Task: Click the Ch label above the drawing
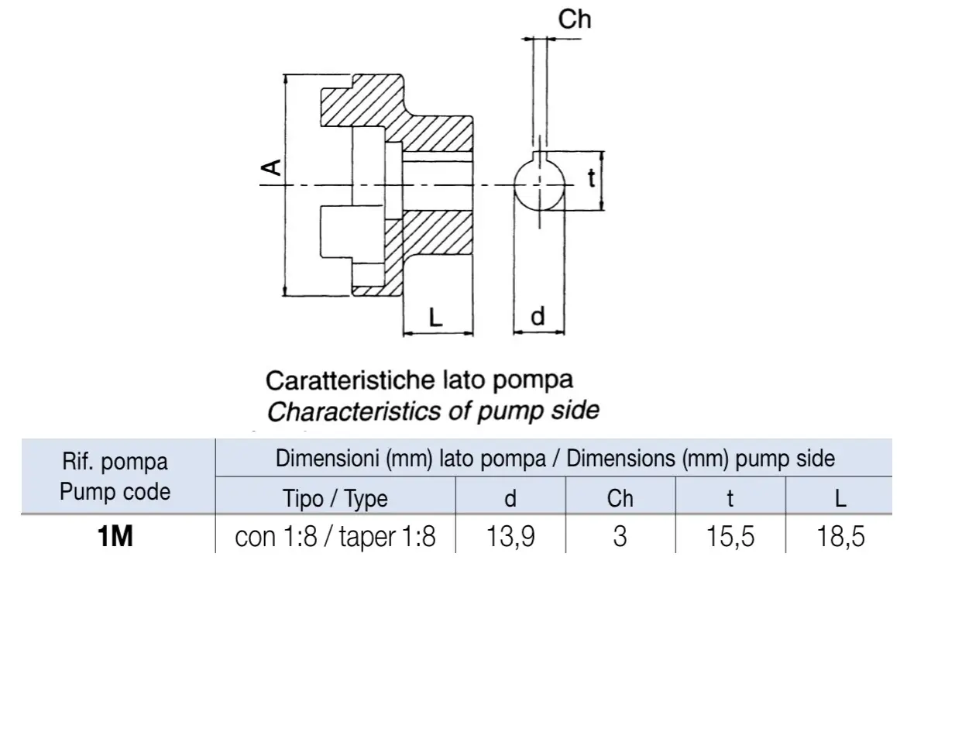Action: [x=574, y=19]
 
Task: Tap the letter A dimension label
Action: [x=271, y=168]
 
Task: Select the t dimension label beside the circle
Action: [x=592, y=178]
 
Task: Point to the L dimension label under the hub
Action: [x=435, y=318]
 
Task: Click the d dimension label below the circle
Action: [x=538, y=317]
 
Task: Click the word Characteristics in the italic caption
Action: [x=354, y=411]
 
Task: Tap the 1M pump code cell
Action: [x=115, y=536]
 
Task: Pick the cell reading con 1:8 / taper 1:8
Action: [x=335, y=537]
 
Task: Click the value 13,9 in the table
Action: [x=510, y=537]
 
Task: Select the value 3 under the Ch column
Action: [x=620, y=537]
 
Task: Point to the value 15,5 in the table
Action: [x=730, y=537]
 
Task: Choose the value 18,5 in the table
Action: [x=840, y=537]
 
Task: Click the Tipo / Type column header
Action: [x=335, y=499]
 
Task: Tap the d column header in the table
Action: [x=510, y=498]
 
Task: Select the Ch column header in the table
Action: [x=620, y=498]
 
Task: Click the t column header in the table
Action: [x=730, y=499]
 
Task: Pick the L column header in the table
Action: [x=840, y=498]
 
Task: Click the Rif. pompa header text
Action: [x=115, y=462]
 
